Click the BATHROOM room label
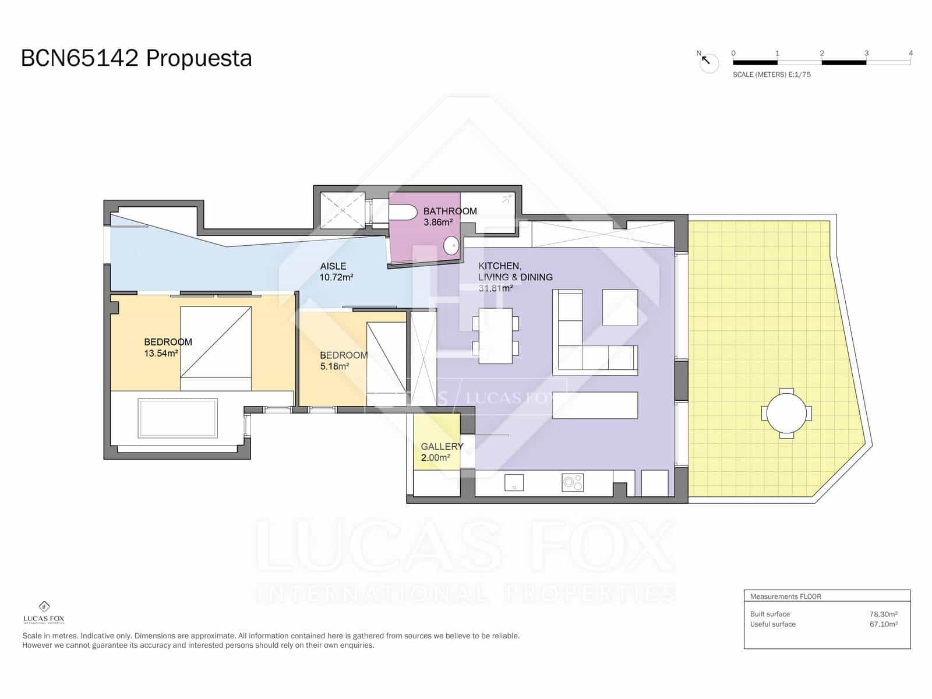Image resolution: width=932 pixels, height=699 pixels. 450,211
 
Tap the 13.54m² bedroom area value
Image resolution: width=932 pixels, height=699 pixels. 161,353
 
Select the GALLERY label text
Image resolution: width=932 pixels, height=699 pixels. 442,446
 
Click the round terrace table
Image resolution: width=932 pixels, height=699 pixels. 786,413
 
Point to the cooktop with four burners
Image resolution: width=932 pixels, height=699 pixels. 573,482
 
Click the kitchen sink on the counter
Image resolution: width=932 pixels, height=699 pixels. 514,482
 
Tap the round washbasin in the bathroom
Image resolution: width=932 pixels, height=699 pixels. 452,246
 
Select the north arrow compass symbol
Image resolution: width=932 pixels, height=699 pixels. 708,62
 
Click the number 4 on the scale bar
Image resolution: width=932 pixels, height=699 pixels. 910,53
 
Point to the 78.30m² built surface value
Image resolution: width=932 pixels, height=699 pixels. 883,614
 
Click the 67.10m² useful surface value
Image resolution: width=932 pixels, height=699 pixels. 883,624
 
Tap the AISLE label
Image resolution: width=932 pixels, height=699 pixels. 333,266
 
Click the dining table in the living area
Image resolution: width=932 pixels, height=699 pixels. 495,336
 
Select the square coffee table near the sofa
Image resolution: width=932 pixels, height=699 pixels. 620,307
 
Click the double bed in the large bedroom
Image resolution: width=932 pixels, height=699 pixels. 216,348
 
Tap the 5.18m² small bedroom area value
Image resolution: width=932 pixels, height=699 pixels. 334,366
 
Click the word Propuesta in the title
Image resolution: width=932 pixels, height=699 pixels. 199,58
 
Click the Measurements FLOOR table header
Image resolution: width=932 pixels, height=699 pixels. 785,596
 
